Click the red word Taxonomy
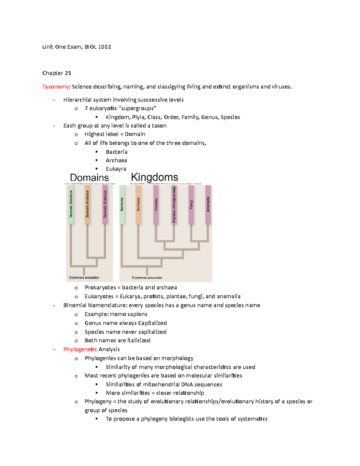(55, 87)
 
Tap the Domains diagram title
(89, 178)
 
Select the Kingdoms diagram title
(154, 177)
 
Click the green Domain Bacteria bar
(71, 204)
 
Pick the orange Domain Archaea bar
(87, 204)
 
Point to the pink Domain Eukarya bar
(105, 204)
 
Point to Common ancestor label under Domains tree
(84, 278)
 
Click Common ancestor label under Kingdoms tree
(147, 278)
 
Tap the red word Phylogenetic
(80, 349)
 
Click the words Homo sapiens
(128, 314)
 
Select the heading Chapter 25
(57, 73)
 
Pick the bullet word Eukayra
(116, 169)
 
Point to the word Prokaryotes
(100, 287)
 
